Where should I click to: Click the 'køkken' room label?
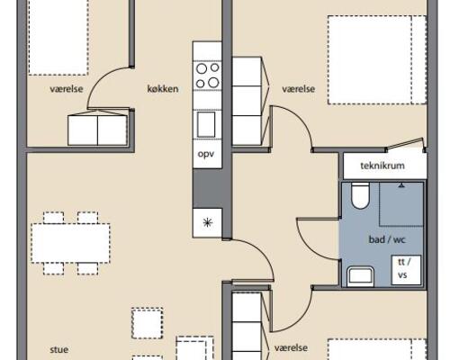click(163, 89)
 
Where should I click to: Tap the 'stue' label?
click(59, 349)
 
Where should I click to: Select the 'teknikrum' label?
click(382, 166)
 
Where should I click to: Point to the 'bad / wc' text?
click(387, 239)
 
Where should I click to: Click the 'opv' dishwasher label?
click(206, 154)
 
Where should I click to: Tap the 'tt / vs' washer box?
click(406, 270)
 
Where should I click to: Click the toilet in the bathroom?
click(360, 195)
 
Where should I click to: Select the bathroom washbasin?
click(360, 276)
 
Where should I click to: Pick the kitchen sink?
click(206, 124)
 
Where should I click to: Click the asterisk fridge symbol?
click(208, 222)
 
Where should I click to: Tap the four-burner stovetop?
click(207, 76)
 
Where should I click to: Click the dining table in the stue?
click(70, 243)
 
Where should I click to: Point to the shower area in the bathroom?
click(401, 204)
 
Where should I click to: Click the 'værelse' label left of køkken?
click(67, 89)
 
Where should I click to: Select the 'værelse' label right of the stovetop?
click(299, 89)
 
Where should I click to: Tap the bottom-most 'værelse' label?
click(291, 347)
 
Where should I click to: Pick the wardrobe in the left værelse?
click(97, 130)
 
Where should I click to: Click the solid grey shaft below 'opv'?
click(208, 188)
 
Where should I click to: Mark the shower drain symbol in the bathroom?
click(401, 185)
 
